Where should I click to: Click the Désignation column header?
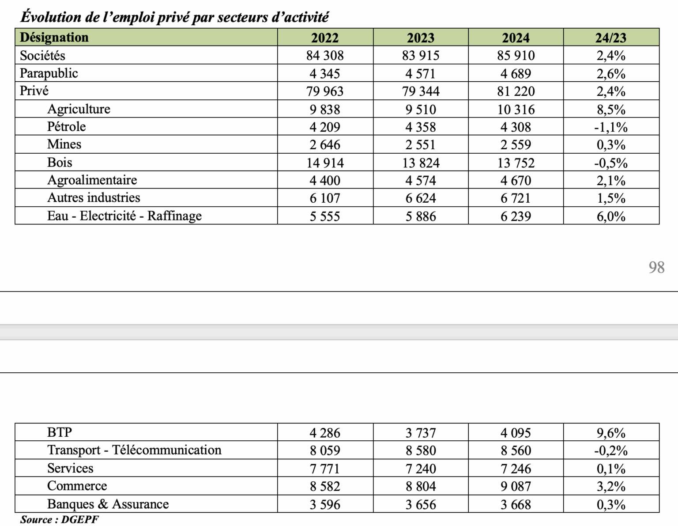pos(54,38)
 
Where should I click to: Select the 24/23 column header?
pos(610,38)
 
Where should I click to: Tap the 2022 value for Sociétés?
pos(325,56)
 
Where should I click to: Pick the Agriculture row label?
pos(79,109)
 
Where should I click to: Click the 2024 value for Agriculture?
pos(516,110)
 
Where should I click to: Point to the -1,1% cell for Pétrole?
pos(610,128)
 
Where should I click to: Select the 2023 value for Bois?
pos(421,163)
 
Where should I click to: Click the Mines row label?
pos(64,144)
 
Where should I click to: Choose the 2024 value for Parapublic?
pos(516,74)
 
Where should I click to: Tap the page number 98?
pos(656,267)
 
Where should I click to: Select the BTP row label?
pos(60,432)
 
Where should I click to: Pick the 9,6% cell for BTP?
pos(611,433)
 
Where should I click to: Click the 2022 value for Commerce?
pos(325,486)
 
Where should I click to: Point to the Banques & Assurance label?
pos(108,504)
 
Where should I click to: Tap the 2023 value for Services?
pos(421,469)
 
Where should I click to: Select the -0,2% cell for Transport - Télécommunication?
pos(610,450)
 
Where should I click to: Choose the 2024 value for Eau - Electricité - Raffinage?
pos(516,216)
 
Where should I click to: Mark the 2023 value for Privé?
pos(421,91)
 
